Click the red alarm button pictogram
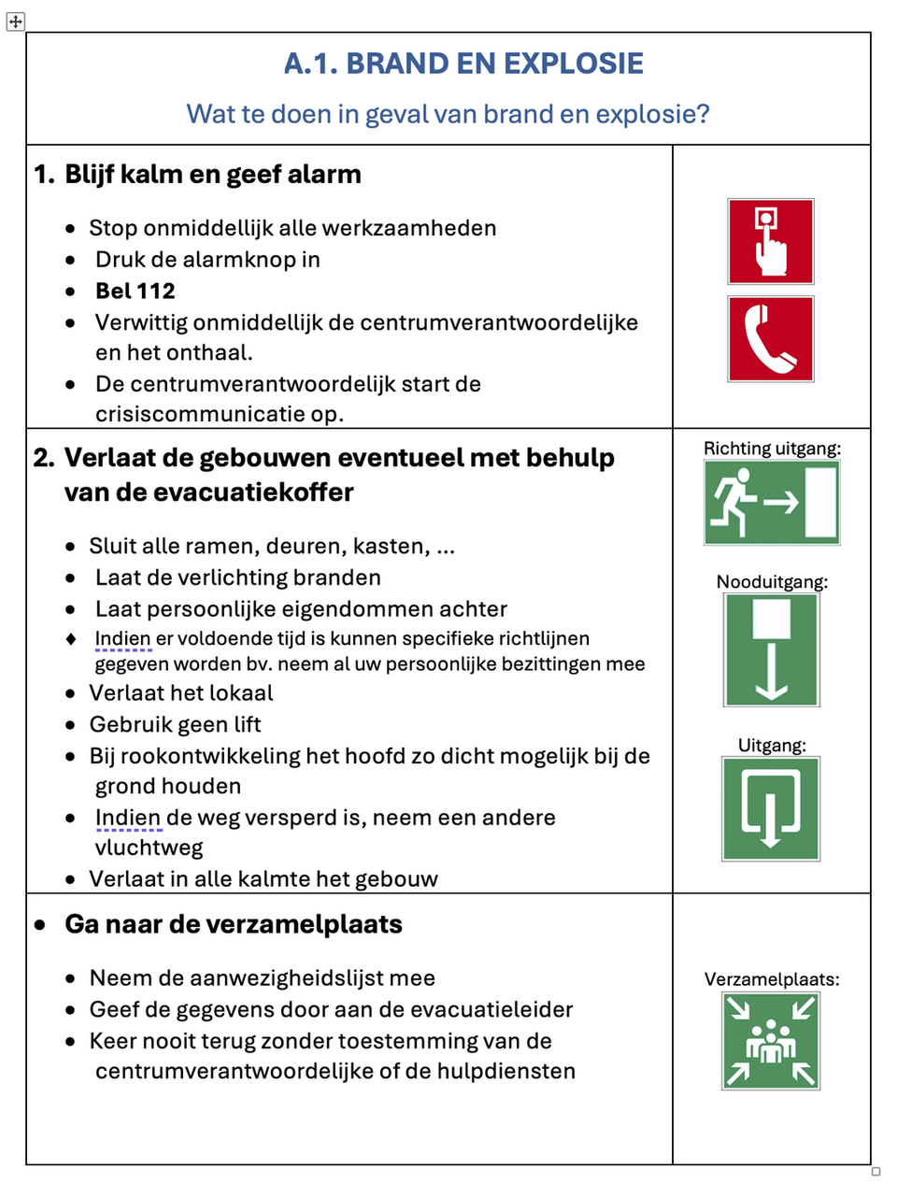tap(770, 241)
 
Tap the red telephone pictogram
tap(770, 338)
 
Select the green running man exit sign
tap(771, 504)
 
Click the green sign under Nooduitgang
tap(771, 649)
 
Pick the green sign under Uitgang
tap(771, 808)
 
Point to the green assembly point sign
tap(771, 1041)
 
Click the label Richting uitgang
tap(772, 449)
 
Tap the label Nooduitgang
tap(772, 581)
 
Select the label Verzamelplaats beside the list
tap(772, 979)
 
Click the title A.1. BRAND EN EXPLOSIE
tap(463, 64)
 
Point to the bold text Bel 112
tap(135, 291)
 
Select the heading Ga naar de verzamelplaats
tap(234, 924)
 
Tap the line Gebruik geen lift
tap(175, 724)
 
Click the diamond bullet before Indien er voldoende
tap(71, 639)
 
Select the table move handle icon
tap(16, 21)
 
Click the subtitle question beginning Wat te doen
tap(448, 114)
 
